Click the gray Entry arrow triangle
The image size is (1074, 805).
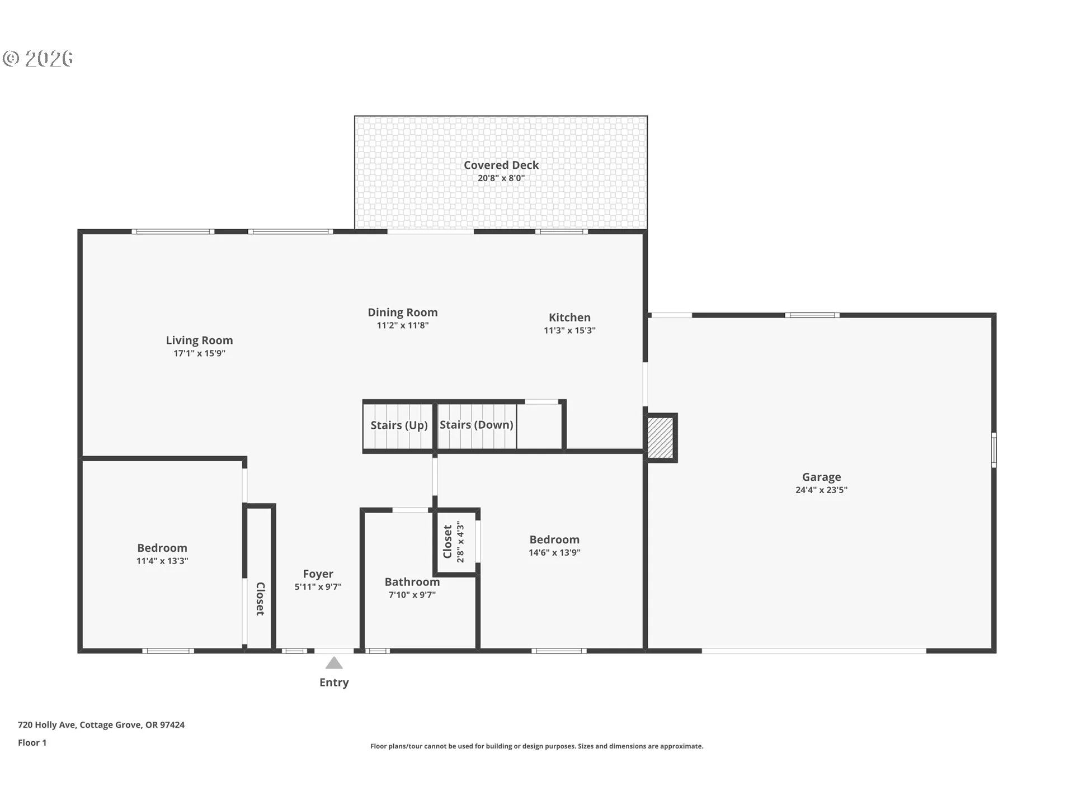click(x=334, y=663)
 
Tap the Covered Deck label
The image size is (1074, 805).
click(x=501, y=165)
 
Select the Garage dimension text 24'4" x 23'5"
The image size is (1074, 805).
click(x=821, y=490)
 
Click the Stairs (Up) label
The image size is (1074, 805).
click(x=399, y=425)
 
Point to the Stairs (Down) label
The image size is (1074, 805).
click(x=477, y=425)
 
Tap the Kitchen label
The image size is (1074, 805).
click(x=569, y=317)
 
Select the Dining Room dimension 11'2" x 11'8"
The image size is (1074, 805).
click(x=403, y=325)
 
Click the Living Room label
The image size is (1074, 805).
click(x=199, y=340)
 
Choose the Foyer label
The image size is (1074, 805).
click(x=318, y=574)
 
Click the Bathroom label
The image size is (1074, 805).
click(x=412, y=582)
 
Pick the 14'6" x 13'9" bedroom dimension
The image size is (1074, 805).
click(x=554, y=552)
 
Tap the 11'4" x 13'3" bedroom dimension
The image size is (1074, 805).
click(x=162, y=561)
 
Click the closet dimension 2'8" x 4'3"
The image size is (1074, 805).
click(x=460, y=542)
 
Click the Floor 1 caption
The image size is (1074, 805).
click(x=32, y=742)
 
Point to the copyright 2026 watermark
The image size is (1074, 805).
click(x=38, y=59)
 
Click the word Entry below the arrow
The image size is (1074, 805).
click(x=334, y=683)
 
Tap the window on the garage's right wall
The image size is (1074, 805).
click(x=994, y=449)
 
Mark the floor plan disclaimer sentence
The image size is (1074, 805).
click(x=537, y=746)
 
